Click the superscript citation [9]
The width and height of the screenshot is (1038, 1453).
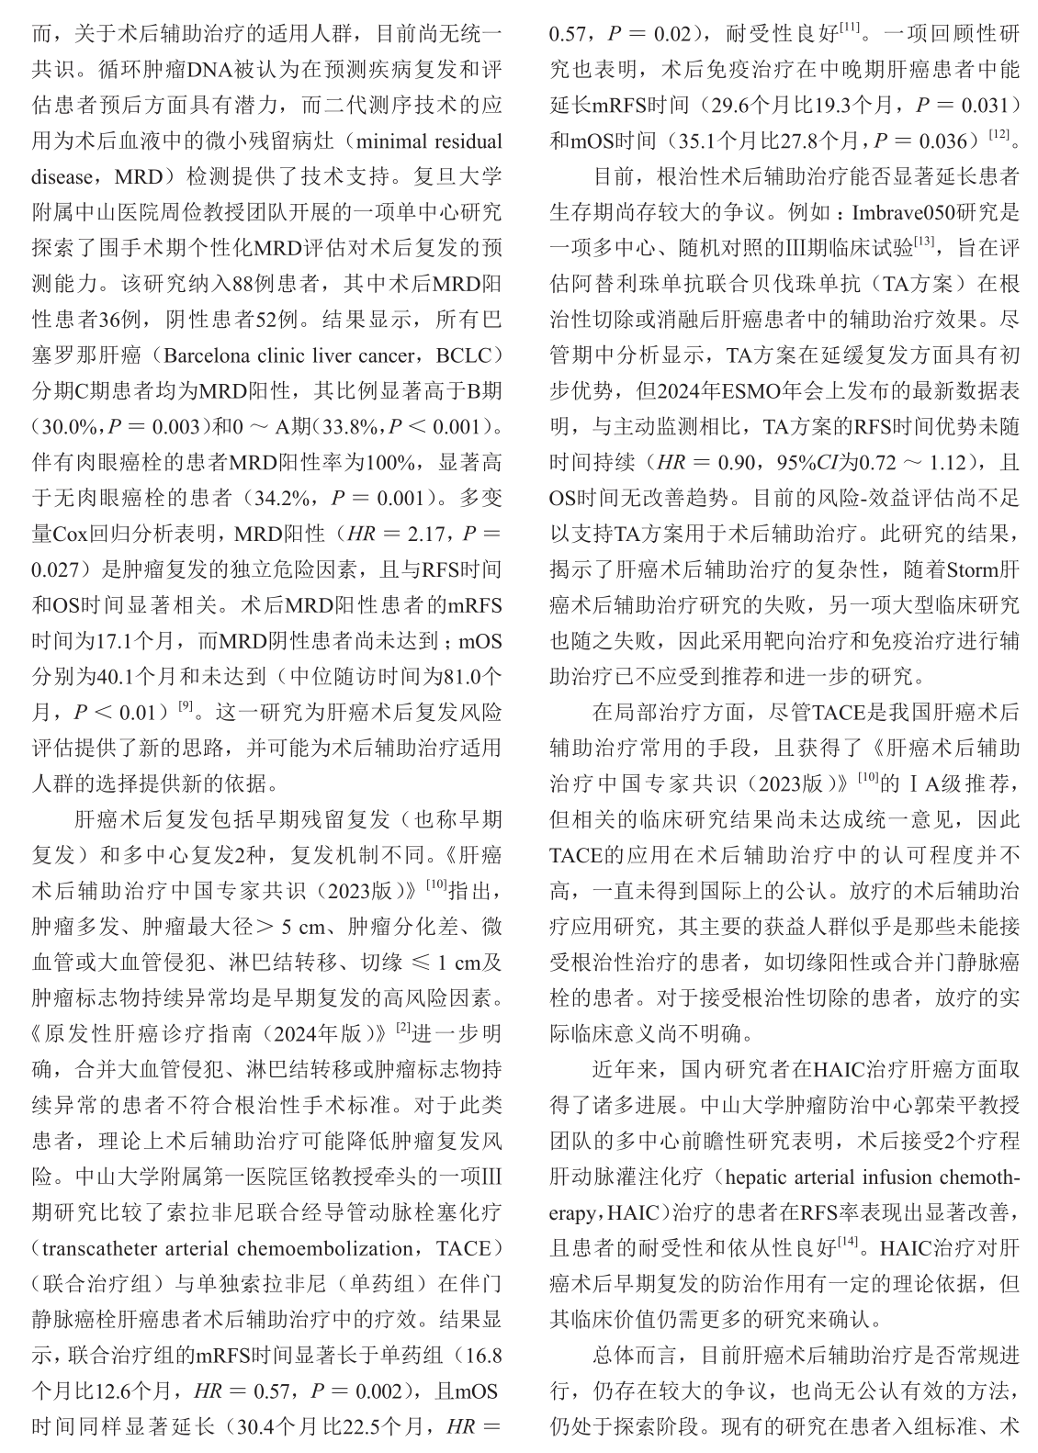[186, 705]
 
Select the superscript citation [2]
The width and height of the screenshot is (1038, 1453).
[402, 1027]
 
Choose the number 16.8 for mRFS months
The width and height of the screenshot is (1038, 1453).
[479, 1356]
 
